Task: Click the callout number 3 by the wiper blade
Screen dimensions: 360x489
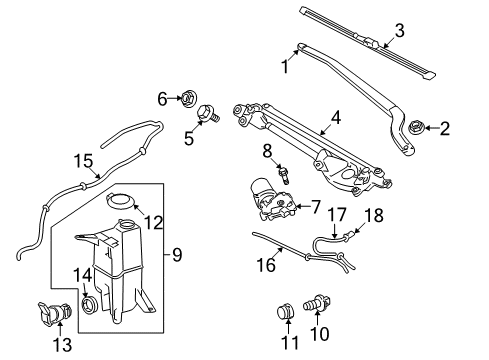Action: (x=399, y=30)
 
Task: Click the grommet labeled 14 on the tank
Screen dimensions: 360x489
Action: (x=87, y=302)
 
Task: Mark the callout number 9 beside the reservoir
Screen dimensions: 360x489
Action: (x=177, y=255)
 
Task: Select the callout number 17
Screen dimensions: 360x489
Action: (x=310, y=213)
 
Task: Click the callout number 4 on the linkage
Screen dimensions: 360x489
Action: (x=337, y=117)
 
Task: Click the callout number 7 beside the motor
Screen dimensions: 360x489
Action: (x=314, y=207)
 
